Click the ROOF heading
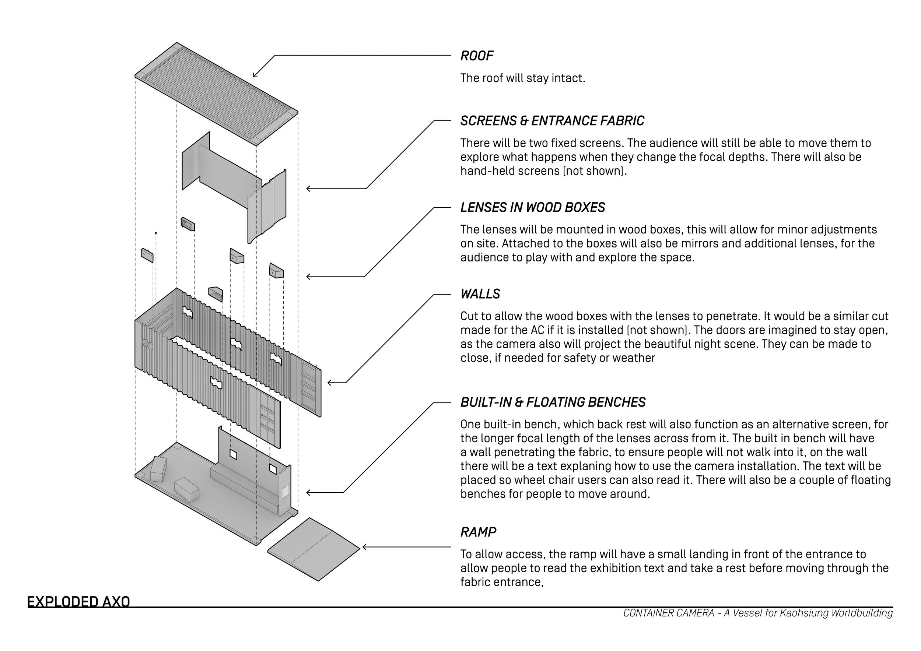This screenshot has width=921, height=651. pyautogui.click(x=477, y=56)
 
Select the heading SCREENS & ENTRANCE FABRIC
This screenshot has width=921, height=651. pyautogui.click(x=552, y=121)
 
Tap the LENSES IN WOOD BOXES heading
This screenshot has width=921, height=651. pyautogui.click(x=532, y=207)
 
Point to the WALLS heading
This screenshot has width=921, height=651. pyautogui.click(x=480, y=294)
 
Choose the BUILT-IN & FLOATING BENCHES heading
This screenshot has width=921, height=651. pyautogui.click(x=553, y=402)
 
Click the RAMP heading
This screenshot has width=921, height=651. pyautogui.click(x=478, y=532)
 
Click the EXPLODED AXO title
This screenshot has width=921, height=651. pyautogui.click(x=78, y=602)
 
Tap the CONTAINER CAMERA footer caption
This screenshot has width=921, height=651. pyautogui.click(x=758, y=613)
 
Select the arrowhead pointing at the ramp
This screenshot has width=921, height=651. pyautogui.click(x=365, y=547)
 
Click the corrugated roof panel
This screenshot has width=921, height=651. pyautogui.click(x=217, y=92)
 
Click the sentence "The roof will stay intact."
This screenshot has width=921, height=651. pyautogui.click(x=522, y=78)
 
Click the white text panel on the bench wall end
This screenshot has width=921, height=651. pyautogui.click(x=285, y=492)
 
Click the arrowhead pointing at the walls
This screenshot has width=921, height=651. pyautogui.click(x=330, y=383)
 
